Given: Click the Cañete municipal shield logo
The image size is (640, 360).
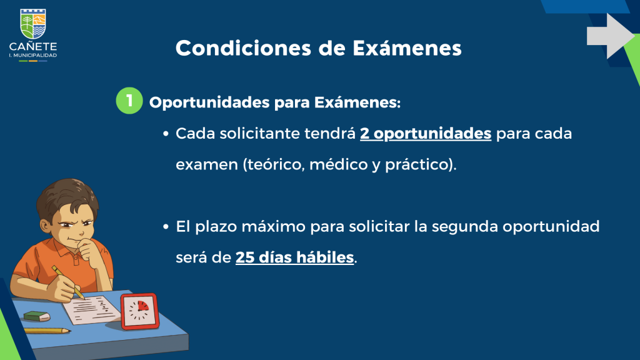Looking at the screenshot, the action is pyautogui.click(x=33, y=24).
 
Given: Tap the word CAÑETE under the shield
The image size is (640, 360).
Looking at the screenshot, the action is pyautogui.click(x=33, y=46).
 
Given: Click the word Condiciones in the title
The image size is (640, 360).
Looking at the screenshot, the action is pyautogui.click(x=243, y=48).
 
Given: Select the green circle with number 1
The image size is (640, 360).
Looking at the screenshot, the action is pyautogui.click(x=129, y=101).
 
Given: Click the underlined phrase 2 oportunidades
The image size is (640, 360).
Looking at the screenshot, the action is pyautogui.click(x=426, y=134).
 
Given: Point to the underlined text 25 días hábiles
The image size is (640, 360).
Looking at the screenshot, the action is pyautogui.click(x=295, y=257).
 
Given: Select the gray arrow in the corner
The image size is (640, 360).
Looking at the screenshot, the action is pyautogui.click(x=610, y=36).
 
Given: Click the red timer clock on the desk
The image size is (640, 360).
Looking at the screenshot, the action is pyautogui.click(x=139, y=311).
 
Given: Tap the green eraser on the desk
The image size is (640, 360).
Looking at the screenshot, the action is pyautogui.click(x=37, y=316).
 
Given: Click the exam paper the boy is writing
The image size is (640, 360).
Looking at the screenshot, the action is pyautogui.click(x=92, y=310).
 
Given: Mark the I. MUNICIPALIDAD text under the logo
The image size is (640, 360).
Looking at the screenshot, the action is pyautogui.click(x=33, y=55).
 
